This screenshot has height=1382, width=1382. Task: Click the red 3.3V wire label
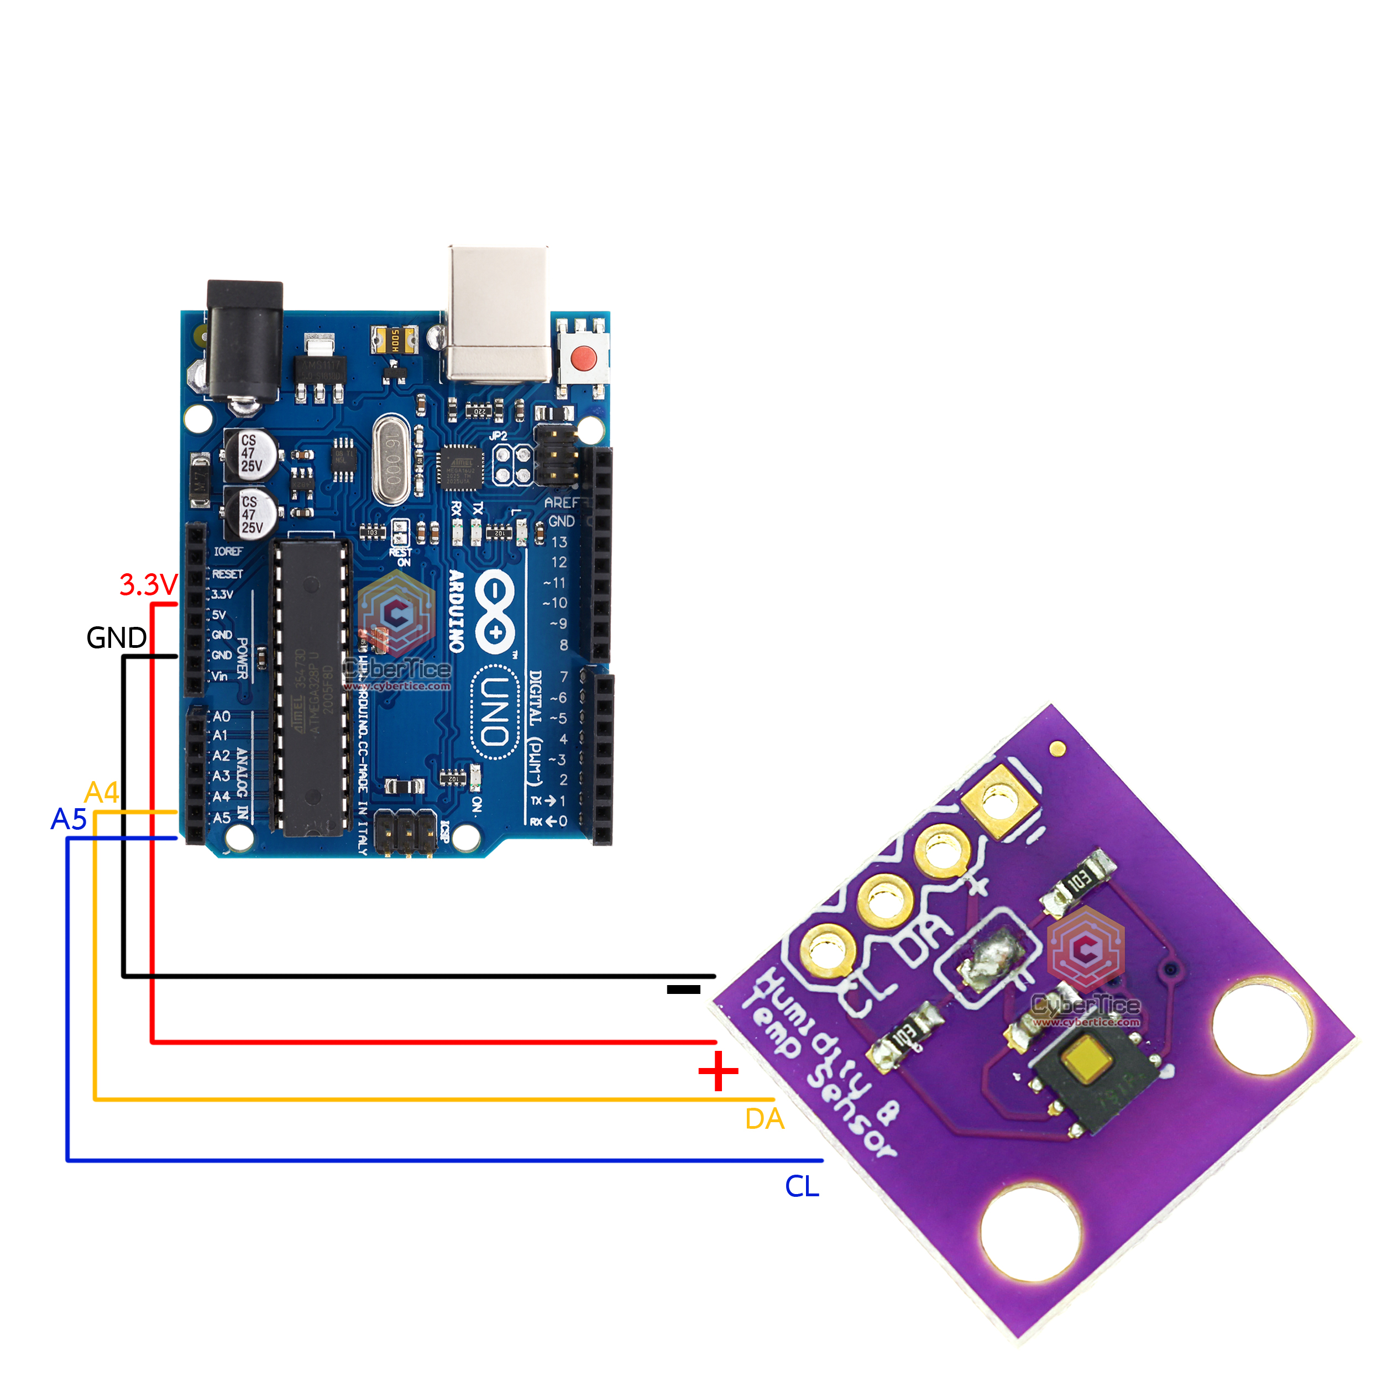(x=148, y=584)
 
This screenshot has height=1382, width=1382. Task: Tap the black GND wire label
(x=116, y=637)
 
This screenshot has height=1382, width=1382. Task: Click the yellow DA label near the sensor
(x=764, y=1119)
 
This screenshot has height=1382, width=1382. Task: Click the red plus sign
(x=718, y=1071)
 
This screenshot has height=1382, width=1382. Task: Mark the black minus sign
(x=683, y=990)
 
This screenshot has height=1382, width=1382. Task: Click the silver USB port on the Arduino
(x=499, y=313)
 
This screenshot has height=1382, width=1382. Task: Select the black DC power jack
(x=245, y=341)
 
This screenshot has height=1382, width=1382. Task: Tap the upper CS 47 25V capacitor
(x=251, y=453)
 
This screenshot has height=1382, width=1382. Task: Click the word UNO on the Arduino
(x=494, y=712)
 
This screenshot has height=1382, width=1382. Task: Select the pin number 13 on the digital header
(x=559, y=542)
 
